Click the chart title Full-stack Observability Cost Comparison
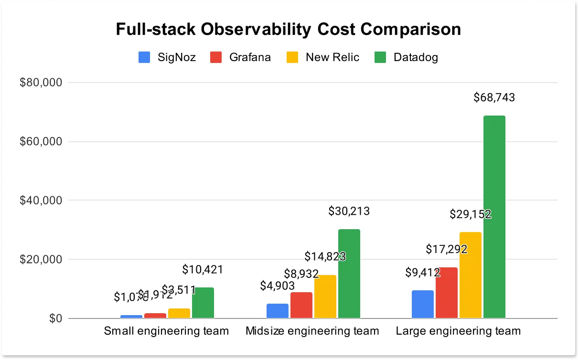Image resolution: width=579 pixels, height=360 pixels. tap(288, 30)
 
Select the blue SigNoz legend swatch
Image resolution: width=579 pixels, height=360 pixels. tap(145, 57)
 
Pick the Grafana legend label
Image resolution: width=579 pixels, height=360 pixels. tap(250, 57)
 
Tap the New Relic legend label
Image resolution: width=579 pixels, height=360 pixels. tap(332, 57)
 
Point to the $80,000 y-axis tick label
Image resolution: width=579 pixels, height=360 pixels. tap(41, 83)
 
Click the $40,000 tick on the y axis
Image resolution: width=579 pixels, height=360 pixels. tap(41, 201)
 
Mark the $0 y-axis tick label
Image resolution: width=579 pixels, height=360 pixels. tap(55, 318)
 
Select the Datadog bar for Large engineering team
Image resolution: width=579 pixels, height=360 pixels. tap(494, 217)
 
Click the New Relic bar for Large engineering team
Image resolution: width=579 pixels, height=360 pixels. tap(471, 275)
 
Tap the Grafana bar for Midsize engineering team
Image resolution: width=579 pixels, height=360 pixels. tap(301, 305)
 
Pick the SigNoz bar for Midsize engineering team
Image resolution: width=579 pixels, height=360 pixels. tap(278, 311)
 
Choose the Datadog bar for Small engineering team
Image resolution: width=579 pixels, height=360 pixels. tap(203, 303)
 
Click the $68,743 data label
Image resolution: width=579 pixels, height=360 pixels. tap(494, 98)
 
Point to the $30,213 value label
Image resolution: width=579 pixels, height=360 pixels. tap(349, 211)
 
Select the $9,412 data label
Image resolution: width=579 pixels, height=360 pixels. tap(423, 273)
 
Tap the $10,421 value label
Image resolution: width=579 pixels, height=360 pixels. tap(203, 270)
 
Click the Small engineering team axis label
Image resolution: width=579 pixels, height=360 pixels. tap(167, 330)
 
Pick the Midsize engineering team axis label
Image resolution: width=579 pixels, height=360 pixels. tap(312, 330)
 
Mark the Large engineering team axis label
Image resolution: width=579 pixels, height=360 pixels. tap(458, 330)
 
